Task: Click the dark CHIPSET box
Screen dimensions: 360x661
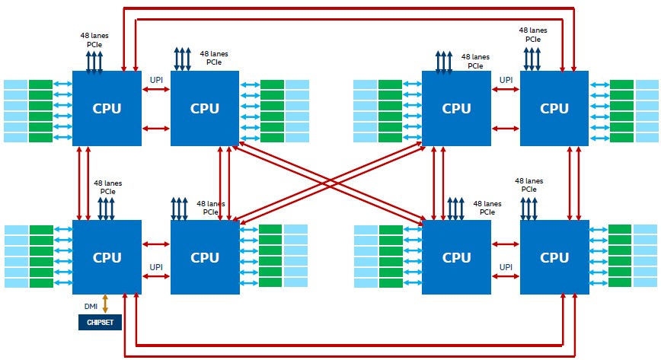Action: tap(100, 323)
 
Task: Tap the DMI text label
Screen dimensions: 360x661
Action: tap(91, 306)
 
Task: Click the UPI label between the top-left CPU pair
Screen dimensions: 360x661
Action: tap(156, 79)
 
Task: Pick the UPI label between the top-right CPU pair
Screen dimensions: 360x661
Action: tap(506, 79)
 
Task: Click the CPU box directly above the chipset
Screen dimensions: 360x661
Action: tap(107, 257)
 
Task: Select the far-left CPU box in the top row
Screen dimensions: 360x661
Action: tap(107, 108)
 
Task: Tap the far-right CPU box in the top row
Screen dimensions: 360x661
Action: tap(554, 108)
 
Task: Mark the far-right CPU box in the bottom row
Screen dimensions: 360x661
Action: tap(554, 257)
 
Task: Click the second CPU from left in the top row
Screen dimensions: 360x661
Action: tap(205, 108)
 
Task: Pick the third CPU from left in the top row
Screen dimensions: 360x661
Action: tap(456, 108)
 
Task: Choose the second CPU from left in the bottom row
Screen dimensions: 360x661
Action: tap(205, 257)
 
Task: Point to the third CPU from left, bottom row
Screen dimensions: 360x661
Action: tap(456, 257)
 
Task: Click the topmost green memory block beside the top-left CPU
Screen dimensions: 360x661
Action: tap(41, 84)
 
